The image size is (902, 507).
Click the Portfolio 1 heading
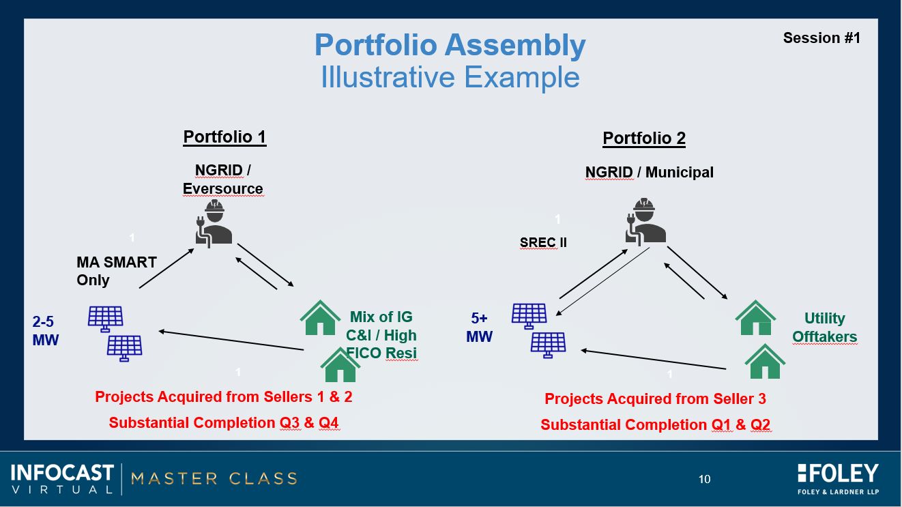tap(224, 137)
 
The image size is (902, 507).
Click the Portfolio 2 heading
tap(644, 138)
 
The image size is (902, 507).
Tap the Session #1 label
tap(821, 38)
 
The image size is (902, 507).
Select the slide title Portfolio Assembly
tap(450, 45)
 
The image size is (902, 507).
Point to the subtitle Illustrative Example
tap(450, 76)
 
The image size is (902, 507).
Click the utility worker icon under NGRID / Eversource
tap(214, 224)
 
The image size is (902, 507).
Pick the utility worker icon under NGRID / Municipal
tap(645, 222)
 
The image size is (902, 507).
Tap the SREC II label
tap(543, 242)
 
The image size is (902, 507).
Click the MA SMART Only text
tap(117, 271)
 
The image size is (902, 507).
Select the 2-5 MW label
tap(45, 331)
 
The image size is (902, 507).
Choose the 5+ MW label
tap(479, 328)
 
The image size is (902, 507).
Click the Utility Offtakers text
tap(824, 328)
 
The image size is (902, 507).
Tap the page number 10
tap(704, 479)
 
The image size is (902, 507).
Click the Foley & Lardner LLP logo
tap(838, 479)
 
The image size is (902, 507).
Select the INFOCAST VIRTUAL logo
tap(62, 478)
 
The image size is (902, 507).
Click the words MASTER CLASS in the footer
tap(214, 478)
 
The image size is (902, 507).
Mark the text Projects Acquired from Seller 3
tap(655, 399)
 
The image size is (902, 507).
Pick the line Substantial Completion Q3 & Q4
tap(224, 423)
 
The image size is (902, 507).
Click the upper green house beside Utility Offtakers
tap(755, 319)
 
